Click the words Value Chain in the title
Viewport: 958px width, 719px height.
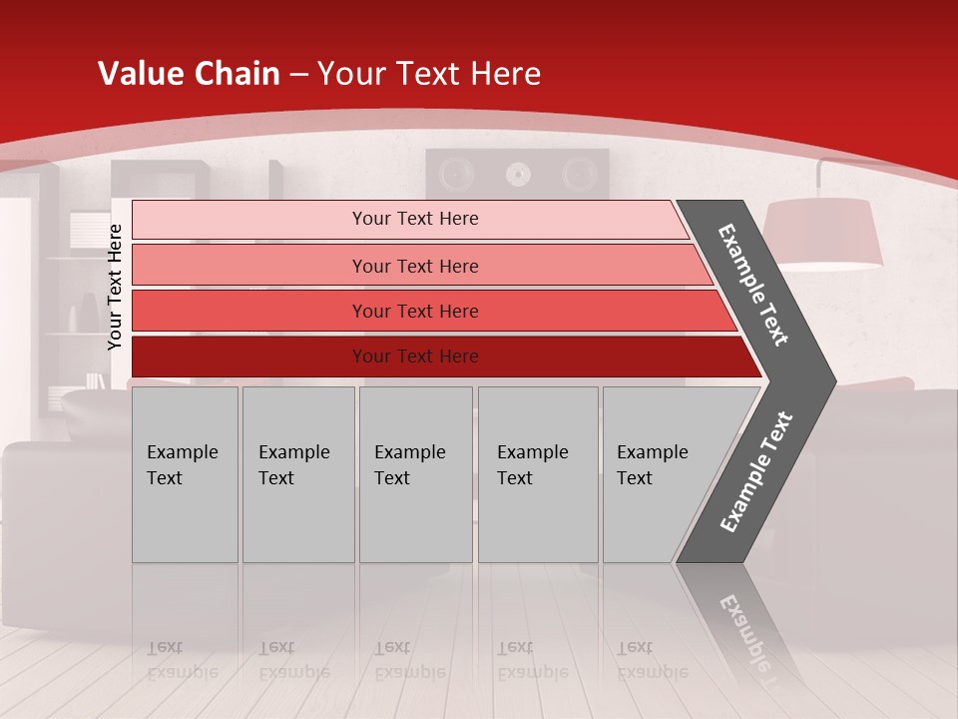[189, 74]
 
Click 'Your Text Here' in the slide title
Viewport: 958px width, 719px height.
[429, 74]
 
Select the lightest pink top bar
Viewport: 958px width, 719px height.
[414, 219]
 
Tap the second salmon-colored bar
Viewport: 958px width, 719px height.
[414, 266]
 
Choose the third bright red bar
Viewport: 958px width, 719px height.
[414, 311]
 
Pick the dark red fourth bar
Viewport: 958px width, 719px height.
[414, 357]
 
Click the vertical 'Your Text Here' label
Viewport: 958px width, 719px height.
[115, 287]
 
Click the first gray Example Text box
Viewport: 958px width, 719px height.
[185, 474]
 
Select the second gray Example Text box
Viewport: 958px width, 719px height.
[297, 474]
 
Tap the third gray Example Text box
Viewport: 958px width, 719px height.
[415, 474]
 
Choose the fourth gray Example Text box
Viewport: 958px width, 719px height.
[537, 474]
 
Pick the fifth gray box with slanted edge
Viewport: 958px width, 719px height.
[659, 474]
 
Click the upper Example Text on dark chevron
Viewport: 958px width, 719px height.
[753, 285]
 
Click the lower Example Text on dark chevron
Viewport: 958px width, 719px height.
[756, 471]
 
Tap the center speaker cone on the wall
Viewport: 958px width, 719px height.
[517, 175]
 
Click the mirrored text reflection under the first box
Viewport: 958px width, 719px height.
[182, 659]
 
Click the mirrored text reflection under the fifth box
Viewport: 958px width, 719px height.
[652, 659]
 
